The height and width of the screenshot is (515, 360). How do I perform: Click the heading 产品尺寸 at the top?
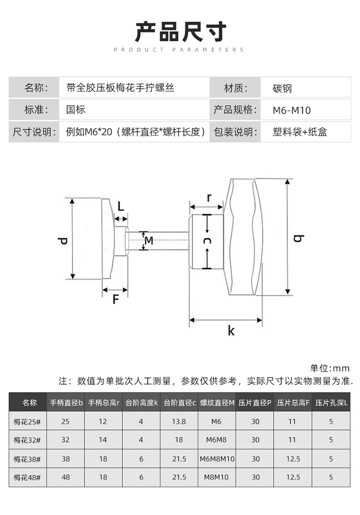point(180,32)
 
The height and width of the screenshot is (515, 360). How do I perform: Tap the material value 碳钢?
point(282,88)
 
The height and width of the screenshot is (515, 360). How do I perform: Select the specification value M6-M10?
point(292,110)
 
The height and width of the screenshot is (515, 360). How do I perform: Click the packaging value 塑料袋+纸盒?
point(300,132)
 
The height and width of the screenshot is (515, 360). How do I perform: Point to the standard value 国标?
point(76,110)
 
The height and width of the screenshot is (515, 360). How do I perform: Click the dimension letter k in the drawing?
point(231,331)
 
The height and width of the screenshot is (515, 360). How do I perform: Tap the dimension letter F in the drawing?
point(115,299)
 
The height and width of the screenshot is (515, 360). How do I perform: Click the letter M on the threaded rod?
point(149,240)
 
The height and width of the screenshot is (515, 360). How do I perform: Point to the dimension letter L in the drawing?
point(120,206)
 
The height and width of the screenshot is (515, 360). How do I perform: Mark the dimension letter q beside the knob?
point(300,238)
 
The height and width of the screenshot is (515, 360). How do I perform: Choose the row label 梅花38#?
point(27,459)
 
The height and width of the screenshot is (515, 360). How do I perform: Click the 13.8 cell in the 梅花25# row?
point(179,421)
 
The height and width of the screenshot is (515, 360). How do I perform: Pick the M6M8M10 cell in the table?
point(217,459)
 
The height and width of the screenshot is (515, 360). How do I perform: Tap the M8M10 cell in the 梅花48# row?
point(217,477)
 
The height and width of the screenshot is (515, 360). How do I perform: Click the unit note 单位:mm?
point(330,368)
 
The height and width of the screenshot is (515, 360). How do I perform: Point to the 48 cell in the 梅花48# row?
point(66,477)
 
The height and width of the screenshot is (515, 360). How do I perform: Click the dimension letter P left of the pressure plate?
point(62,239)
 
